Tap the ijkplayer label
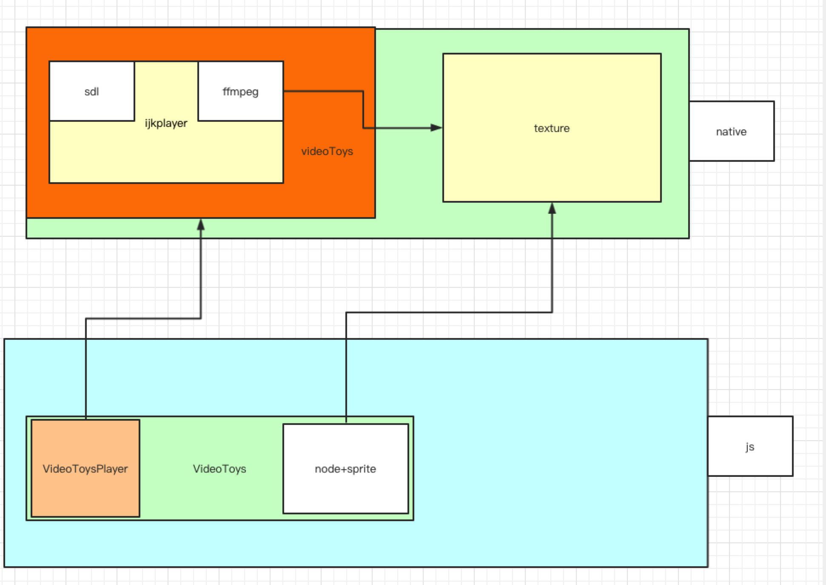coord(166,123)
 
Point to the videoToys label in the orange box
coord(327,152)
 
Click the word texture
coord(552,129)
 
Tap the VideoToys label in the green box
coord(219,469)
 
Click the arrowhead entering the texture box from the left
coord(436,128)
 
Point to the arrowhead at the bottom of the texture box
coord(552,208)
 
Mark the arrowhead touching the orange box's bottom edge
coord(201,224)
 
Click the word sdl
coord(92,92)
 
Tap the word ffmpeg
coord(241,92)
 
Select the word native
coord(732,132)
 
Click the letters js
coord(750,447)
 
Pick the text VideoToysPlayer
coord(85,469)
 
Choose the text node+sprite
coord(346,469)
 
